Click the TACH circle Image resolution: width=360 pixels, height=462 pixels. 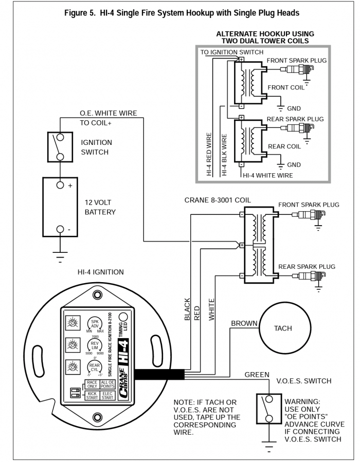(282, 328)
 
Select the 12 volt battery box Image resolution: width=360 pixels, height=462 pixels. (60, 207)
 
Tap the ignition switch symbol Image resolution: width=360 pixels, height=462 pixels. (60, 147)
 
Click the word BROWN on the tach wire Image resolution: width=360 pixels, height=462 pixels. (244, 323)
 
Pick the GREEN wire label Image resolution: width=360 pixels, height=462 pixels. (257, 375)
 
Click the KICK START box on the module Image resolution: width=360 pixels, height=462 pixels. (92, 396)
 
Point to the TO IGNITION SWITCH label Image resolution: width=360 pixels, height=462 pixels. (231, 52)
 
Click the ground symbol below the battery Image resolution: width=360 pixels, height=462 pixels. (60, 255)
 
